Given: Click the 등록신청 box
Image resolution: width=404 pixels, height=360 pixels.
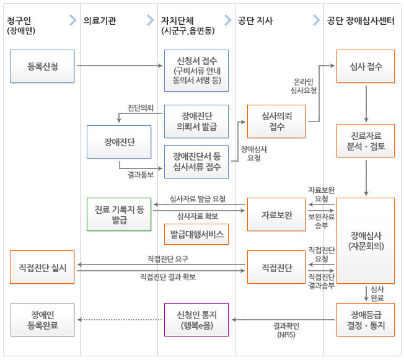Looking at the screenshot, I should tap(42, 66).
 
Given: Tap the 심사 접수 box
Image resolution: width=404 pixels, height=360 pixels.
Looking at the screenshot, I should tap(366, 66).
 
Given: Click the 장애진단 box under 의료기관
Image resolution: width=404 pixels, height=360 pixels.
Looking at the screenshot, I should tap(119, 142).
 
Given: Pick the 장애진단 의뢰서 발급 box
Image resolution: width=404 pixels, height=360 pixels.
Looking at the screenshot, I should tap(196, 121).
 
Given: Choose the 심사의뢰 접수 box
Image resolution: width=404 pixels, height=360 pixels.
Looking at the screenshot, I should tap(276, 121).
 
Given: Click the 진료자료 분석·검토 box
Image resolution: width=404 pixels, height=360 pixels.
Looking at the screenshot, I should tap(366, 141).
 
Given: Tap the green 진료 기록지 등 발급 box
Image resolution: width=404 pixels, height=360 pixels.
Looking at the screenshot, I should tap(119, 214).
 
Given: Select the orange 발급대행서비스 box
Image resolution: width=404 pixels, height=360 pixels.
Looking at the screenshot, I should tap(196, 234).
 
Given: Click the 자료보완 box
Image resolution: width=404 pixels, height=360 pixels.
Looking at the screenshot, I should tap(276, 214).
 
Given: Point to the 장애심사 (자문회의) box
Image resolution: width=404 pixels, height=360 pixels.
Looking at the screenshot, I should tap(366, 240).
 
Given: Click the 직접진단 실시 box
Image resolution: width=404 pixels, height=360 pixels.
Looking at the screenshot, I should tap(42, 268).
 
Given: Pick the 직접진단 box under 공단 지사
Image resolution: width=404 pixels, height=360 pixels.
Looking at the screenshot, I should tap(276, 268).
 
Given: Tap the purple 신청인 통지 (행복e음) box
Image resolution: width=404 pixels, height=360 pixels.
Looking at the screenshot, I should tap(196, 319).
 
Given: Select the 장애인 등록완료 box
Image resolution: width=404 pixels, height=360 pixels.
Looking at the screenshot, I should tap(42, 319).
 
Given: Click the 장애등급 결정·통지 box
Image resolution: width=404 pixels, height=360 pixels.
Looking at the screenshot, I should tap(366, 319).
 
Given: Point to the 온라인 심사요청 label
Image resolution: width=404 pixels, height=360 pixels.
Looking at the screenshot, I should tap(304, 86).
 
